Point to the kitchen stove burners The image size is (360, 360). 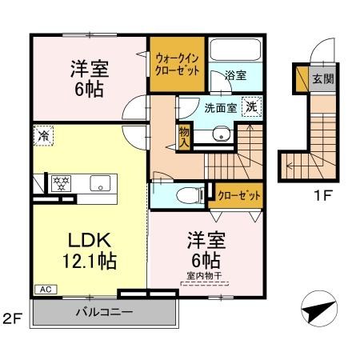point(62,181)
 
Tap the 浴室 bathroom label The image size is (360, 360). point(235,75)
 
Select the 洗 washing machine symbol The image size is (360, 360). point(251,106)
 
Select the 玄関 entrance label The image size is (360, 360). point(322,78)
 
